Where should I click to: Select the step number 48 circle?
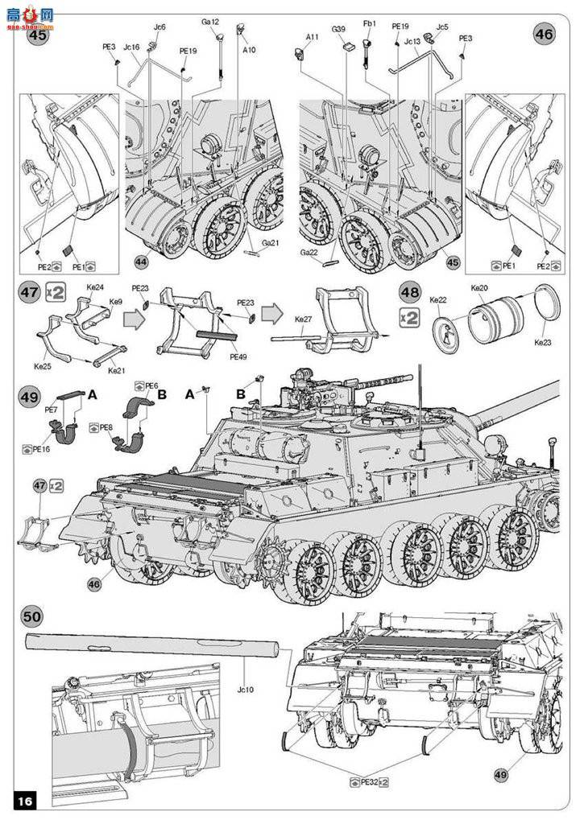click(x=409, y=294)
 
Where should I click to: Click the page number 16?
click(x=25, y=801)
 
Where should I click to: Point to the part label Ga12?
click(x=210, y=22)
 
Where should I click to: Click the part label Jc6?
click(x=159, y=27)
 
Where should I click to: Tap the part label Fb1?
click(x=370, y=24)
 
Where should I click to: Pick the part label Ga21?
click(x=269, y=243)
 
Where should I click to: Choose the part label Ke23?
click(x=544, y=341)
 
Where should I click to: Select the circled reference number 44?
click(x=141, y=262)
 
